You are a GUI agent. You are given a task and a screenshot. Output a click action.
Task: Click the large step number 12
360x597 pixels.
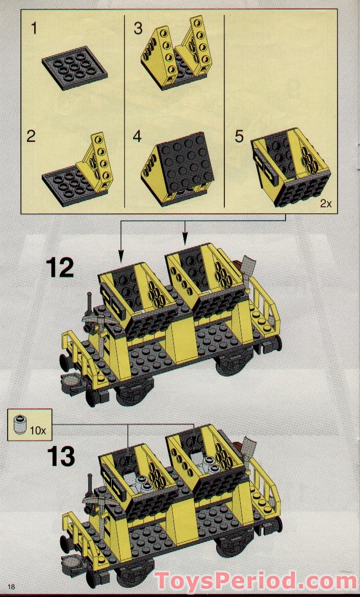click(x=60, y=268)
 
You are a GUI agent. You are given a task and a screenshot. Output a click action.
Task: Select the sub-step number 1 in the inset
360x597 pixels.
click(x=34, y=28)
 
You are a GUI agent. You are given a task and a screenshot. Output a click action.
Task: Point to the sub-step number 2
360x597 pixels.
click(x=32, y=137)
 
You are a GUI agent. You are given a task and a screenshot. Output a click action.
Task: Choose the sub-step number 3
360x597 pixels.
click(x=138, y=28)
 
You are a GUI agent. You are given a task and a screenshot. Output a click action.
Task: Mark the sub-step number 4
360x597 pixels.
click(x=137, y=137)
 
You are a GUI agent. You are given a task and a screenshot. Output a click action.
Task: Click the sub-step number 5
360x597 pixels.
click(x=239, y=137)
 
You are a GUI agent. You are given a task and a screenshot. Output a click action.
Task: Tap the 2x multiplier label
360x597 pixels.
click(x=325, y=204)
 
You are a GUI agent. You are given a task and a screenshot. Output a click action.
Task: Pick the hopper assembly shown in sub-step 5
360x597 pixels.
click(x=291, y=166)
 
